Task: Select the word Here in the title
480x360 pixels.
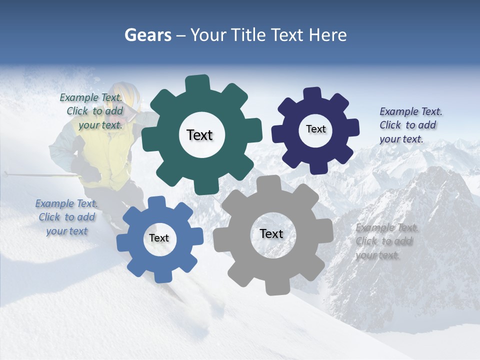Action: coord(327,35)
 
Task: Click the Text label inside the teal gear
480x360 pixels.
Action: coord(199,135)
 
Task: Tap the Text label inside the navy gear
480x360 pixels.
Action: coord(315,129)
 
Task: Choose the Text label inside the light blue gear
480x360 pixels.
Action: coord(159,238)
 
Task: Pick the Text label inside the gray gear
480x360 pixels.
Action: coord(271,233)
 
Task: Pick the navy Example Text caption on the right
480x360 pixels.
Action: coord(409,125)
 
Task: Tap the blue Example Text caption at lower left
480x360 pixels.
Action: coord(66,217)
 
